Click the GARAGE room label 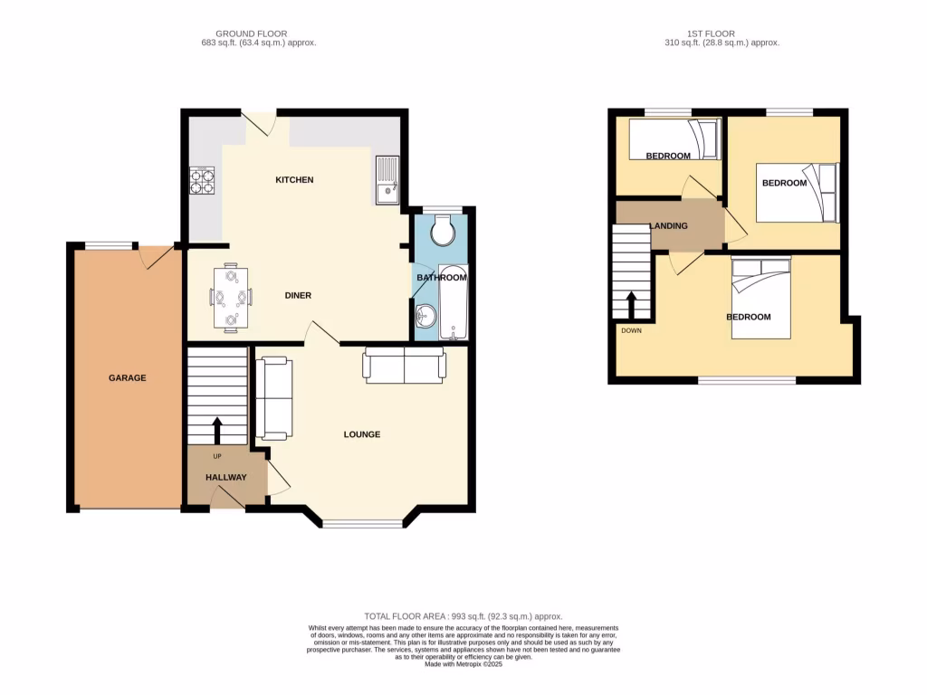(128, 378)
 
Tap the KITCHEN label (294, 180)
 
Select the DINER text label (299, 295)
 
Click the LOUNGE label (361, 434)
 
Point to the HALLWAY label (226, 477)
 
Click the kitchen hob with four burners (201, 181)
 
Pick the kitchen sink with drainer (387, 179)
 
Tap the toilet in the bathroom (444, 231)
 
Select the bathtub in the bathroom (452, 302)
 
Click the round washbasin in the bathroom (425, 316)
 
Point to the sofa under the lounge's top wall (405, 365)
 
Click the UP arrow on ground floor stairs (216, 429)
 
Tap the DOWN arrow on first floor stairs (632, 303)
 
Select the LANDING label (668, 226)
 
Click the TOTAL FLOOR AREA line (463, 616)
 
